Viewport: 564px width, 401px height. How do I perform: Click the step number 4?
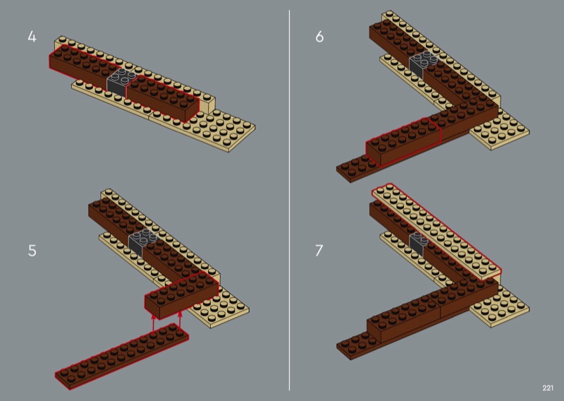click(32, 37)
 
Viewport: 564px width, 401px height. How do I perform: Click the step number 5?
click(32, 251)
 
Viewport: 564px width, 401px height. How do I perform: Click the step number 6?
click(319, 37)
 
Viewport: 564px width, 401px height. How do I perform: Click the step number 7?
click(319, 251)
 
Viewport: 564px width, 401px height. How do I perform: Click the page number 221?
click(548, 388)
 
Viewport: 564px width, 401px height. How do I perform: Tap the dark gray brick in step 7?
click(418, 243)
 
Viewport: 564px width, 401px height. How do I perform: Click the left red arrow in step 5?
click(154, 323)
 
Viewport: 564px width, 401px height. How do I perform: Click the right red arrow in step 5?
click(180, 321)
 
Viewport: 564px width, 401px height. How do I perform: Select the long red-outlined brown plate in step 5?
click(121, 356)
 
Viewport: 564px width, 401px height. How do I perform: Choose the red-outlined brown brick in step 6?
click(403, 142)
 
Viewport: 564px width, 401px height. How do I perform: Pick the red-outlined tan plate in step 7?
click(436, 232)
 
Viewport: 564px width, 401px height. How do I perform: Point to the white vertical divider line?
click(289, 200)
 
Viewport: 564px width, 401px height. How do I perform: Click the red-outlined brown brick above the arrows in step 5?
click(182, 296)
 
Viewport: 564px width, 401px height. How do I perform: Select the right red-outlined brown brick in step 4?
click(163, 98)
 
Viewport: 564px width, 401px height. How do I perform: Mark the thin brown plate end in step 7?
click(352, 346)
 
